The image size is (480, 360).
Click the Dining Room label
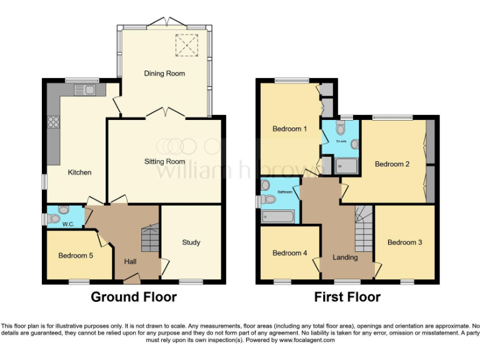coord(164,73)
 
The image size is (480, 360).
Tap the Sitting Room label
coord(164,161)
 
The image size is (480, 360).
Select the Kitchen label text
coord(80,172)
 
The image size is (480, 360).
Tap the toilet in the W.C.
coord(54,219)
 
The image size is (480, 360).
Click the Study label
coord(191,242)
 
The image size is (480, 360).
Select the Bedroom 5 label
coord(76,255)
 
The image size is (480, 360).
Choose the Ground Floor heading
coord(134,297)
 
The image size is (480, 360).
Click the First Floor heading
coord(347,297)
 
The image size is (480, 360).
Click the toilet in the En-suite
coord(341,129)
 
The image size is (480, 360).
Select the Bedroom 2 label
coord(392,164)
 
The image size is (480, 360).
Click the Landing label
coord(345,257)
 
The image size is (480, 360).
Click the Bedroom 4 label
coord(289,252)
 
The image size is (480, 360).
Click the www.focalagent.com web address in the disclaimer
coord(307,340)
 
